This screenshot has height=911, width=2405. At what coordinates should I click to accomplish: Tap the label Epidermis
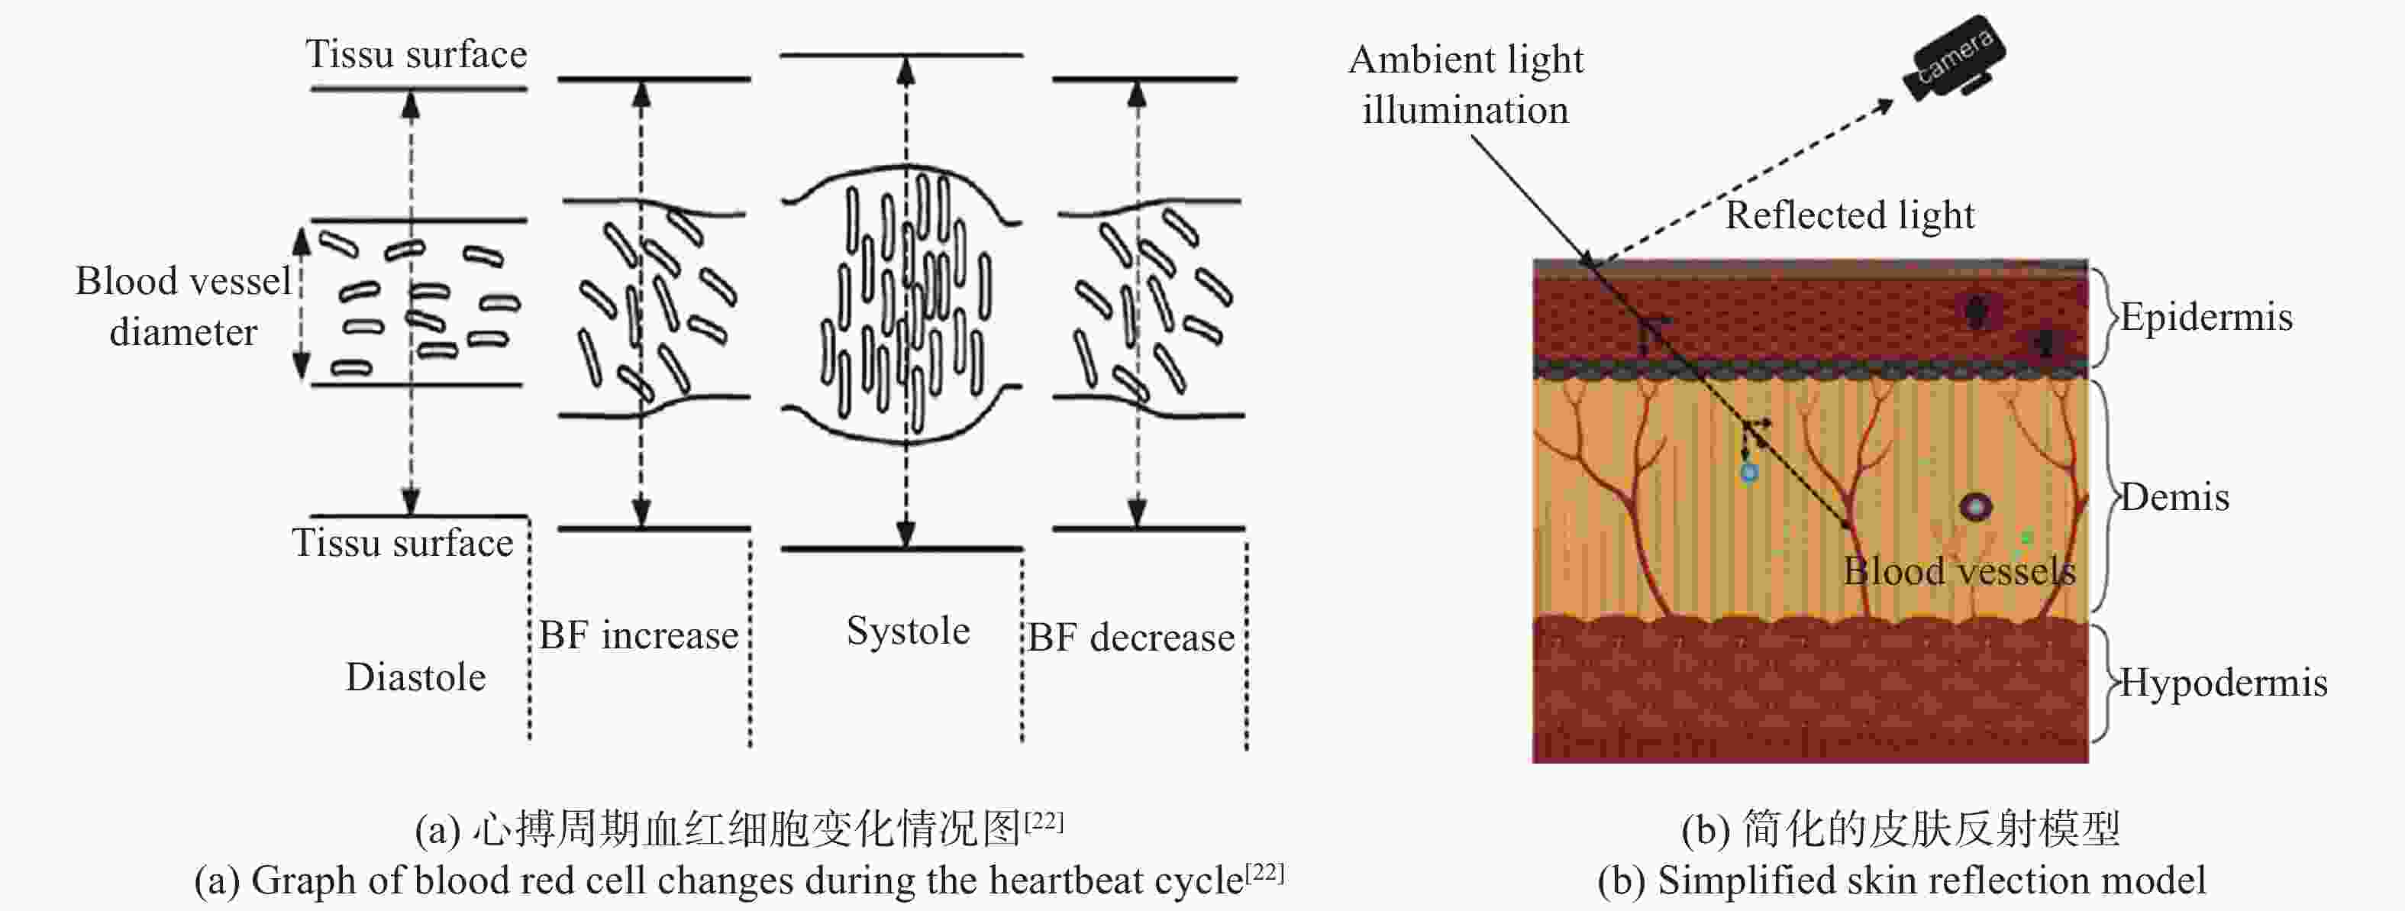[x=2206, y=318]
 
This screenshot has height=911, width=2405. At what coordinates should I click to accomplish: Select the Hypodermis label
[x=2223, y=683]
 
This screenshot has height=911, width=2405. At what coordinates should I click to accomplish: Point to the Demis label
[x=2174, y=498]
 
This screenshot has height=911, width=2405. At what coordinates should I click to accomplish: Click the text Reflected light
[x=1849, y=215]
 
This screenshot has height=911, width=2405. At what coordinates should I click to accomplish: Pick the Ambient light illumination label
[x=1466, y=84]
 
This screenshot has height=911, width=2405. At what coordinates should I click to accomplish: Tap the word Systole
[x=908, y=631]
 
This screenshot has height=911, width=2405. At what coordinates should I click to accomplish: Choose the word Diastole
[x=415, y=677]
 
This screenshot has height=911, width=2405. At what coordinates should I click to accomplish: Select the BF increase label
[x=638, y=635]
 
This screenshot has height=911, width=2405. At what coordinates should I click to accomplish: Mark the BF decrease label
[x=1131, y=637]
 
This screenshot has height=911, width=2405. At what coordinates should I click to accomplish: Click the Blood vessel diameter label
[x=183, y=306]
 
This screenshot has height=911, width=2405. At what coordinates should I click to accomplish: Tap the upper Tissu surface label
[x=416, y=54]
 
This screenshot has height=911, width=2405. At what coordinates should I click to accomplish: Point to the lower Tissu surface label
[x=402, y=542]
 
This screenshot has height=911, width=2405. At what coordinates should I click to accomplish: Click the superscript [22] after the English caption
[x=1265, y=873]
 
